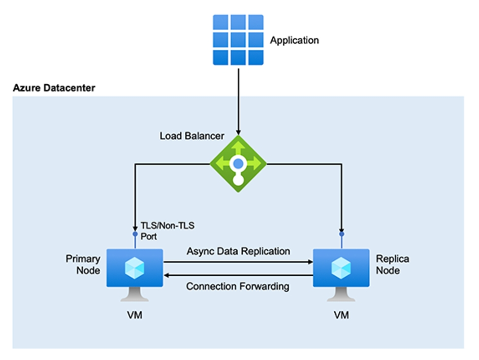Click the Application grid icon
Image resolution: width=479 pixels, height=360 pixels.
point(238,40)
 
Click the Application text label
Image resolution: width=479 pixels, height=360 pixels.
point(294,40)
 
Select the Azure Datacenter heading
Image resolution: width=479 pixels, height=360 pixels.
point(53,88)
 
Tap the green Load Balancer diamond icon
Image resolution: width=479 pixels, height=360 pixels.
point(238,163)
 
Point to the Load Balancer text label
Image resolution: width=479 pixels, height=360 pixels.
point(191,136)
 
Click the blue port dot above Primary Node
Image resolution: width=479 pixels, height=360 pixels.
point(135,234)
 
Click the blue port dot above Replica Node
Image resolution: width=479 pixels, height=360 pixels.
point(341,234)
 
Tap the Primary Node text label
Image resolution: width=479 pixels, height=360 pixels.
point(82,265)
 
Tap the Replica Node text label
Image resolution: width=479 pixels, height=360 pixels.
point(392,265)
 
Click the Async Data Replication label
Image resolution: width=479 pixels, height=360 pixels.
point(238,251)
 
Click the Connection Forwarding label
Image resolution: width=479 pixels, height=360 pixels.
point(238,286)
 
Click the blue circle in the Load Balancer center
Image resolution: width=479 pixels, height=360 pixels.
point(238,163)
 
